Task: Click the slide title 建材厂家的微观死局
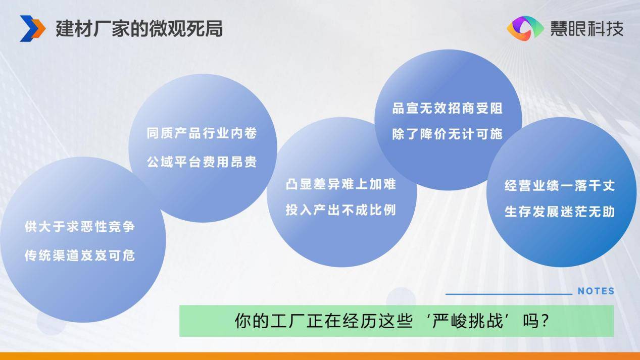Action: click(139, 29)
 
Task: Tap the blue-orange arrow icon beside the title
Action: click(32, 29)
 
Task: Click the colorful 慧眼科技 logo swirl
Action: click(525, 29)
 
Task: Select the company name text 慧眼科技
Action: click(587, 29)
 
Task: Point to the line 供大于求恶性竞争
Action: click(80, 227)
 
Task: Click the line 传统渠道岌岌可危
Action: click(80, 255)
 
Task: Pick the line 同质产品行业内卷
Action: click(202, 133)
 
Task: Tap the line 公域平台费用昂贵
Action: click(202, 162)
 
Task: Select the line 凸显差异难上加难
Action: click(341, 184)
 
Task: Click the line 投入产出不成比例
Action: click(341, 210)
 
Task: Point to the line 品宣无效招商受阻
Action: click(448, 108)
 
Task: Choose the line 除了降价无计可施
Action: click(448, 134)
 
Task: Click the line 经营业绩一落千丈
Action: click(560, 186)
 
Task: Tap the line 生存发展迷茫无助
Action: click(560, 212)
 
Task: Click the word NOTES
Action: click(596, 291)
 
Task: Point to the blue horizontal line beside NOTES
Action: click(509, 294)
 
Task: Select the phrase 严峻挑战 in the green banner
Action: click(467, 321)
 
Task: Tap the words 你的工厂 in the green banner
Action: click(270, 321)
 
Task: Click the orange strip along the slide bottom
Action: click(320, 356)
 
